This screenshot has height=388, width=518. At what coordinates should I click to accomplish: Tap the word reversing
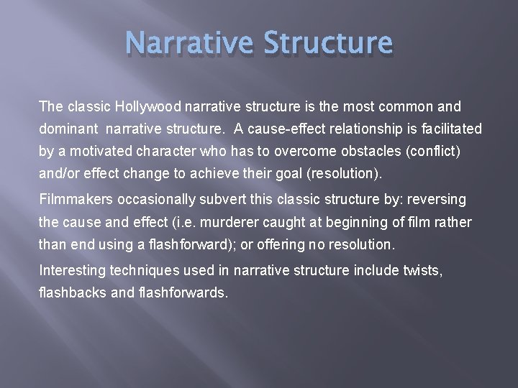click(437, 199)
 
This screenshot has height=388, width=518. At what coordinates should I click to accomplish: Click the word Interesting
click(72, 271)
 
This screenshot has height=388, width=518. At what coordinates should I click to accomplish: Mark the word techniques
click(141, 271)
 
